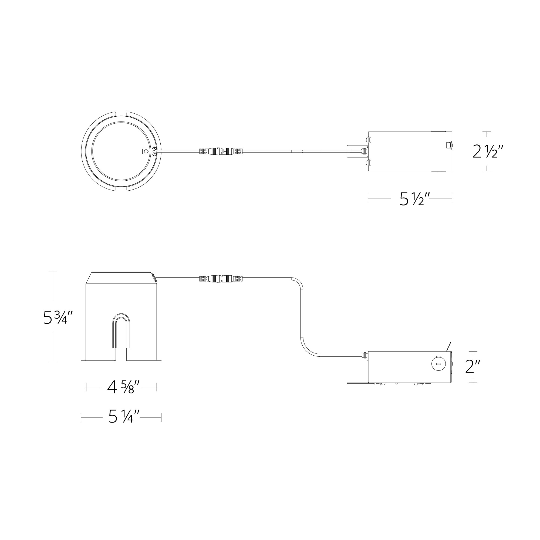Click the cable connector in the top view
(x=221, y=151)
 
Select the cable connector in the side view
(x=221, y=278)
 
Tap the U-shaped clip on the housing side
(x=121, y=332)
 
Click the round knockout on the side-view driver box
(x=437, y=364)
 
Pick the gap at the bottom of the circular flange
(x=121, y=189)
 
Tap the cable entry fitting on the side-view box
(x=365, y=355)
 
